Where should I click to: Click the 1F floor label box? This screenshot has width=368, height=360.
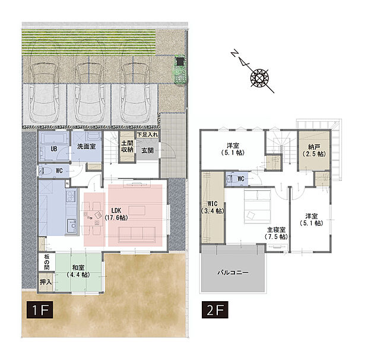[40, 310]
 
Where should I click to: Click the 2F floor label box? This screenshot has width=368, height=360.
[215, 310]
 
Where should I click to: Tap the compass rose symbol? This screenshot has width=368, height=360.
[259, 77]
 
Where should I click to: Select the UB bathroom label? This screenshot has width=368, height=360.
[54, 149]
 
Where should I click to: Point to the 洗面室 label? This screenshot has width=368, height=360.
[87, 147]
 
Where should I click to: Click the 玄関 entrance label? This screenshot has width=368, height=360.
[147, 150]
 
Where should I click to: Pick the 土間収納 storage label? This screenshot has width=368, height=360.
[127, 146]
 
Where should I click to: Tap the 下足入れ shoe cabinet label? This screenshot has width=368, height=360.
[147, 135]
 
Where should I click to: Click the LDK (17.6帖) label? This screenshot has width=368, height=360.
[116, 214]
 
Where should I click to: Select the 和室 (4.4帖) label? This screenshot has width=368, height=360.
[78, 271]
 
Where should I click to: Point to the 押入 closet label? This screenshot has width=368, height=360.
[46, 282]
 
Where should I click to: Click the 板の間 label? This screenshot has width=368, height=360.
[47, 262]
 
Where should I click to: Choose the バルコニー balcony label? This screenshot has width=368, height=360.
[233, 273]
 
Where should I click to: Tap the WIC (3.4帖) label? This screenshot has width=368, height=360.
[212, 207]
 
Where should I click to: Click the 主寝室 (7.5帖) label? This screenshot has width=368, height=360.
[276, 233]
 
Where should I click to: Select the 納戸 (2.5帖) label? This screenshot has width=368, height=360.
[314, 150]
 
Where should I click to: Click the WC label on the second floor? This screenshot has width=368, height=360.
[241, 179]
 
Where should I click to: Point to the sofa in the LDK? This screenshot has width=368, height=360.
[137, 235]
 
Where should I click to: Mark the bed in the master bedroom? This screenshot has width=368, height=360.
[258, 207]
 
